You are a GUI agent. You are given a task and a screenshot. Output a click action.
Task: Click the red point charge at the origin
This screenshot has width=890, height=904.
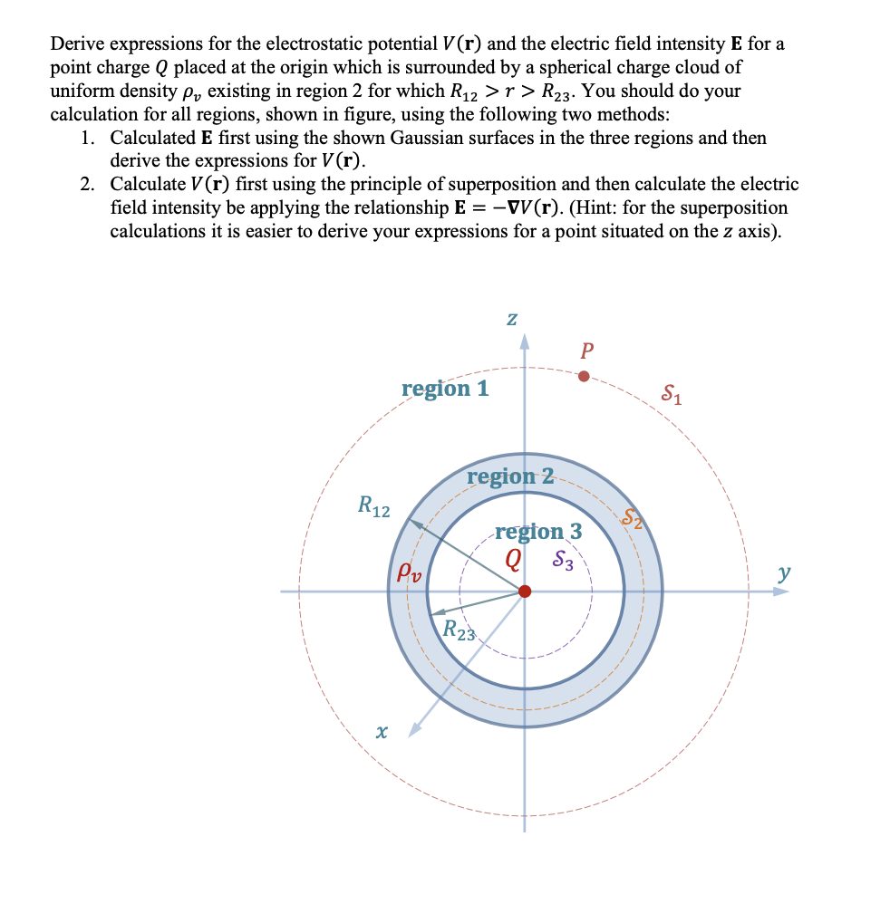(x=524, y=591)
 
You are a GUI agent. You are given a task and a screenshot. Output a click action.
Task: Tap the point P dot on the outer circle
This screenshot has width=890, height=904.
(x=584, y=376)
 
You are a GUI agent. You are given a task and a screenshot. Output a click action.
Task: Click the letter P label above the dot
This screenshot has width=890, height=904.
(x=588, y=351)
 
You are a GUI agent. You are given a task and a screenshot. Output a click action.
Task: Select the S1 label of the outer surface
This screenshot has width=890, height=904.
(x=672, y=394)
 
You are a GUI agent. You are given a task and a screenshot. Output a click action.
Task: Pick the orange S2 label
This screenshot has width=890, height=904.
(x=632, y=518)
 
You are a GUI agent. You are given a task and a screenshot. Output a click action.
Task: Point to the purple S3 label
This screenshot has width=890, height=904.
(x=563, y=562)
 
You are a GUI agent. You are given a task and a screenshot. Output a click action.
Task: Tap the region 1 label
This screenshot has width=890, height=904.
(x=445, y=389)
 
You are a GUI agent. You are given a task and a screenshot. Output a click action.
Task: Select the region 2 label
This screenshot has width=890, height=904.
(x=510, y=476)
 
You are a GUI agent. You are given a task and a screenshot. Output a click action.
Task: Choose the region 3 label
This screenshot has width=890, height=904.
(x=538, y=531)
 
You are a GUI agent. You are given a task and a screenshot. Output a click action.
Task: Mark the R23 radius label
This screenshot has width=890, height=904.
(x=459, y=630)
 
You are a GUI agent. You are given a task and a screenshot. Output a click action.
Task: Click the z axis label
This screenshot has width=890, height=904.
(x=512, y=319)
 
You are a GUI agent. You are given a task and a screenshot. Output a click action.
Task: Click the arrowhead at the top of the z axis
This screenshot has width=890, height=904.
(x=524, y=341)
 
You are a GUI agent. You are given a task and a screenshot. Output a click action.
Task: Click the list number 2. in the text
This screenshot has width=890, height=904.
(x=87, y=185)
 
